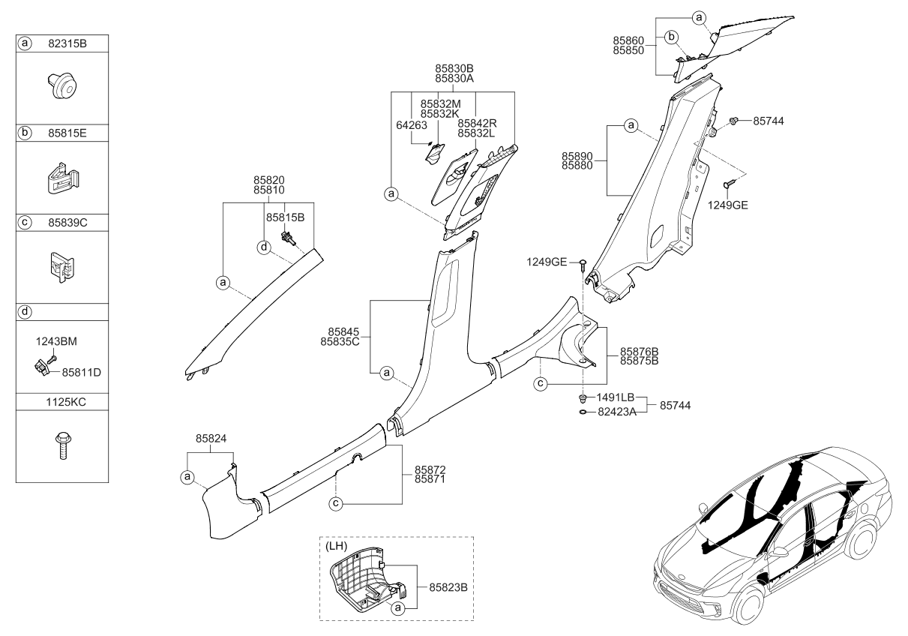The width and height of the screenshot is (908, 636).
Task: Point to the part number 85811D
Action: (x=81, y=371)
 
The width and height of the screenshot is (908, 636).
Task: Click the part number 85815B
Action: (x=285, y=217)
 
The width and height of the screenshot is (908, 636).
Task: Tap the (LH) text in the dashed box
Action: (x=335, y=547)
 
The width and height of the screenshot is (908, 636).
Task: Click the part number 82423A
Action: (x=617, y=411)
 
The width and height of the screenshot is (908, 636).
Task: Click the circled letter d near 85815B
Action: (x=264, y=246)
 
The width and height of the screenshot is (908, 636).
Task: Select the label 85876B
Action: (x=639, y=351)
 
